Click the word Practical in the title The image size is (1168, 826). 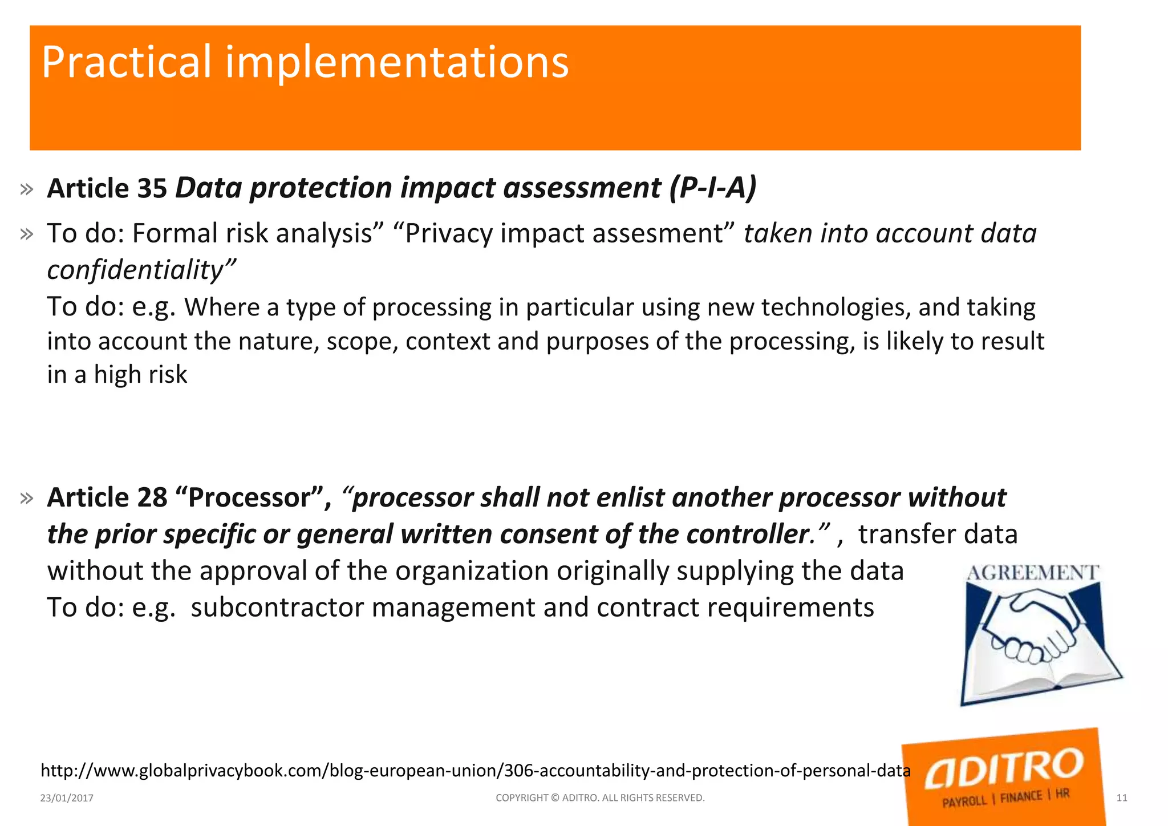(126, 62)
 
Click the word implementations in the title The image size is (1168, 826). (397, 62)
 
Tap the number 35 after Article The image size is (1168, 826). (152, 189)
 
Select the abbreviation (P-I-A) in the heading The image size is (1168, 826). (712, 188)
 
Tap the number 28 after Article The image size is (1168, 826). (152, 497)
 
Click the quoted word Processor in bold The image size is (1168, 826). (249, 497)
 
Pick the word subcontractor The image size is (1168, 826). (277, 607)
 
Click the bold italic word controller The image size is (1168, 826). (748, 535)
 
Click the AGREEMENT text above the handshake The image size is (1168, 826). (1033, 573)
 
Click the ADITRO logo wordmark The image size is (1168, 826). (1003, 768)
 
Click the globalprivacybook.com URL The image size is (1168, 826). (475, 771)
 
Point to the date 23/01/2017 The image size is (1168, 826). (67, 798)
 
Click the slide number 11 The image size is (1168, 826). (1121, 798)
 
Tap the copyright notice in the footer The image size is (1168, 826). (600, 798)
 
